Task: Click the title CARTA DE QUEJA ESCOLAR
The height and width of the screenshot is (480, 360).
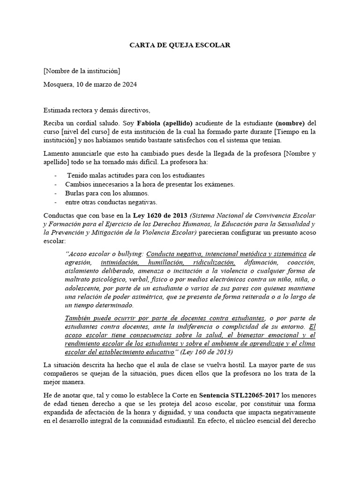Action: coord(180,45)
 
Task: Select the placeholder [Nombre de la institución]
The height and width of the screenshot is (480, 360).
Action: coord(81,71)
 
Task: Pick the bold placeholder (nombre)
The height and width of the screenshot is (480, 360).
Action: coord(290,123)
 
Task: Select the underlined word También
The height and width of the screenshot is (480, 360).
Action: coord(80,318)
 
